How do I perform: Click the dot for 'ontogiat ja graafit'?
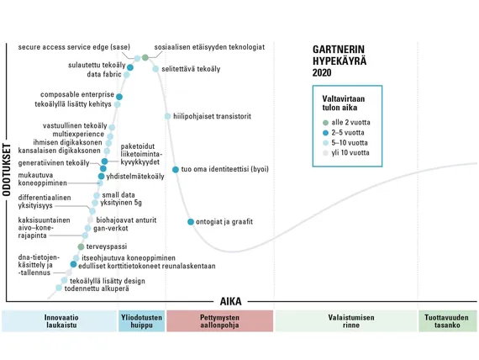(191, 222)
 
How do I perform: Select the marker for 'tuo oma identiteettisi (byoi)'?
(176, 169)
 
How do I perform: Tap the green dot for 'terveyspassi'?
(81, 246)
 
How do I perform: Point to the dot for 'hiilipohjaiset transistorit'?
(167, 116)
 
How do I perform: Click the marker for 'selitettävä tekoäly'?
(155, 69)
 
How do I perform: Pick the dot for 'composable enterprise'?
(119, 97)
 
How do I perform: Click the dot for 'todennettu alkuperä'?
(59, 288)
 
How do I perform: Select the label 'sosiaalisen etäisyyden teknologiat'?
(209, 47)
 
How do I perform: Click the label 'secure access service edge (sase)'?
(74, 47)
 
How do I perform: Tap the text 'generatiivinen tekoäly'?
(54, 163)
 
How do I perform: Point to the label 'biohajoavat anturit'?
(126, 220)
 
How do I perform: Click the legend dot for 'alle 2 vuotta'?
(325, 123)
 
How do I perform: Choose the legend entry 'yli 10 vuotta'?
(346, 152)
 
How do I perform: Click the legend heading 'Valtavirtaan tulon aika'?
(344, 103)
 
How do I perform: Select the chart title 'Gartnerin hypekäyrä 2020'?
(340, 61)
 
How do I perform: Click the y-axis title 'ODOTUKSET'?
(7, 170)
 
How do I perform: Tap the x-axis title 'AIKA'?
(230, 302)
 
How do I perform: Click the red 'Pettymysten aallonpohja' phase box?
(219, 320)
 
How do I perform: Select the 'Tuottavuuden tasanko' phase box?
(448, 320)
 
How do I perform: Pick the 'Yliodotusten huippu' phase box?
(141, 320)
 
